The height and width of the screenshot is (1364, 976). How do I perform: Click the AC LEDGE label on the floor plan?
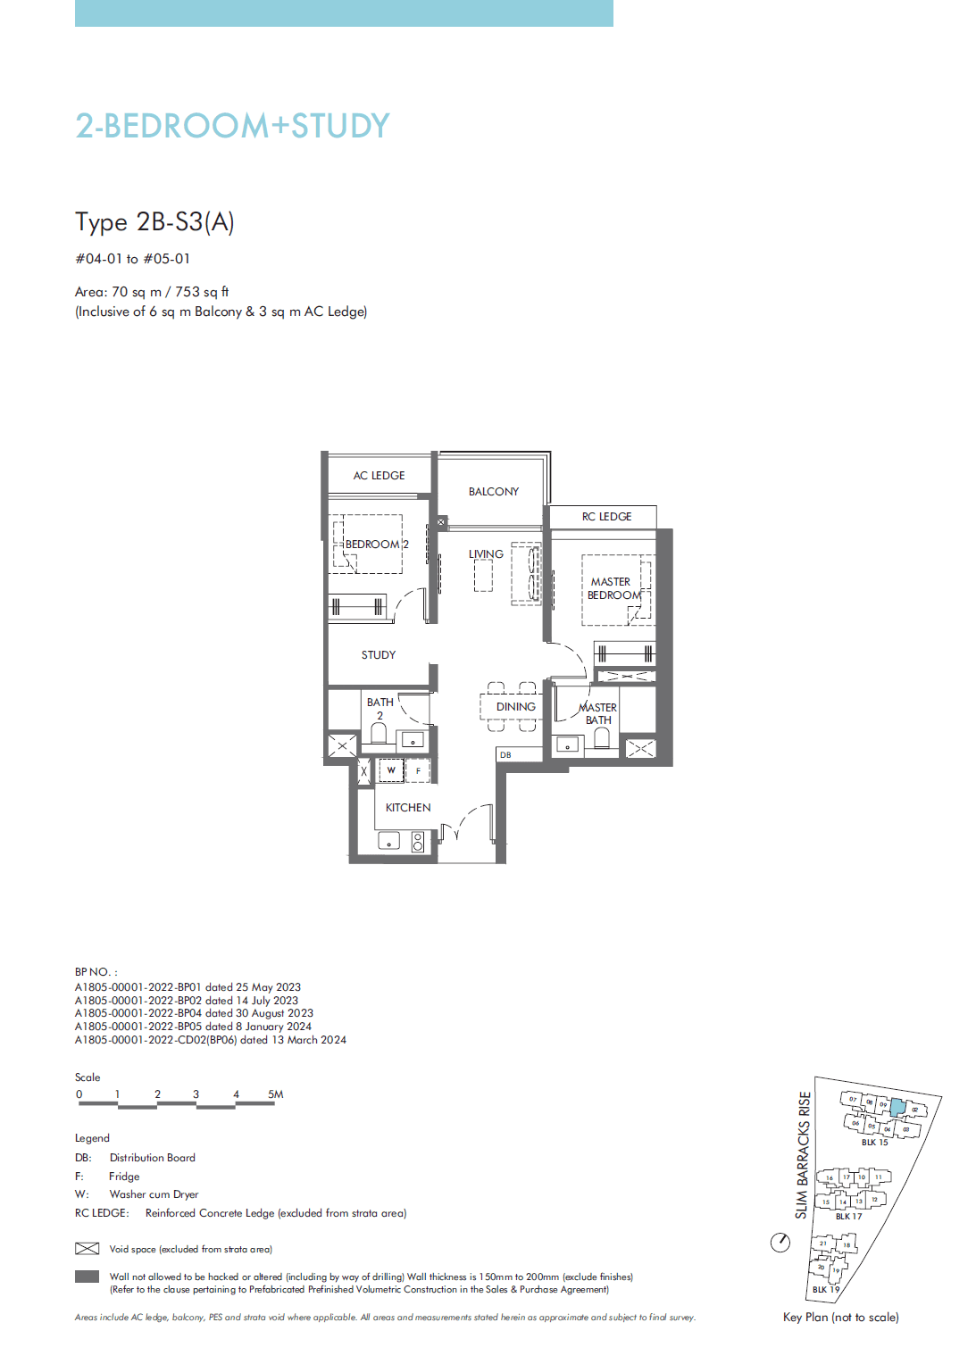[379, 476]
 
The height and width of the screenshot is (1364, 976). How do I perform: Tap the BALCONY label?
[493, 492]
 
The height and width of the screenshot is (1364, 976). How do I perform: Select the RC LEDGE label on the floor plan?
[606, 517]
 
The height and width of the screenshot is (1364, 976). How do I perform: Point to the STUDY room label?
[379, 655]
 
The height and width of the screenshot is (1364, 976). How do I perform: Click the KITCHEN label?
[408, 808]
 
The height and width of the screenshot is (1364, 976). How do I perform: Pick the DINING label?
[516, 707]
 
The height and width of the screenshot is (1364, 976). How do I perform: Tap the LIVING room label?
[486, 554]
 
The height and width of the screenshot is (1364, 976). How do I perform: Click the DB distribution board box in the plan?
[505, 755]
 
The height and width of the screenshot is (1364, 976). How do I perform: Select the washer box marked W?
[391, 770]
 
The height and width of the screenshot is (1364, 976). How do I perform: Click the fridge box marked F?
[418, 770]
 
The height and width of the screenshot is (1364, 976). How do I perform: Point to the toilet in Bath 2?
[379, 734]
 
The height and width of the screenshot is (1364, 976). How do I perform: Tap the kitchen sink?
[389, 841]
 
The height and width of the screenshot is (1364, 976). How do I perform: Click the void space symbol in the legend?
[87, 1249]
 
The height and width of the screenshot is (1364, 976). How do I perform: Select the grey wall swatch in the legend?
[87, 1277]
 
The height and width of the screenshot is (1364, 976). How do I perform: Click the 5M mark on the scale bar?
[275, 1094]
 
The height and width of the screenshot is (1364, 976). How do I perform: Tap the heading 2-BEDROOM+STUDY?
[232, 126]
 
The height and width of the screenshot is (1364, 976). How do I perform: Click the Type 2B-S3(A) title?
[154, 221]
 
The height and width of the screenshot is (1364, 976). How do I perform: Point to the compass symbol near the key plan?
[780, 1242]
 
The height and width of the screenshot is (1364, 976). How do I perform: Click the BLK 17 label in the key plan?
[848, 1216]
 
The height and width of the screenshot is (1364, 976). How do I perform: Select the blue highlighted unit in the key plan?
[897, 1108]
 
